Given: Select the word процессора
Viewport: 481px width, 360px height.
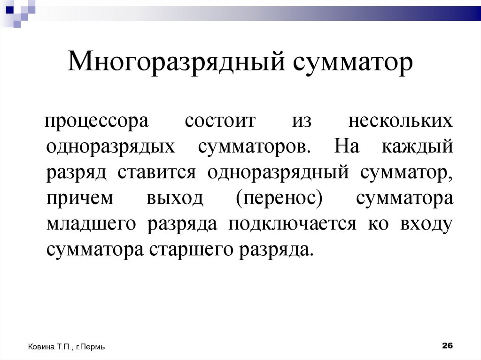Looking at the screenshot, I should (x=96, y=122).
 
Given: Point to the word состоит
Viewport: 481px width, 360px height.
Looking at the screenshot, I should (x=220, y=121).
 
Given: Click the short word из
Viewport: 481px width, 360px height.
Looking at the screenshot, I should (x=302, y=121).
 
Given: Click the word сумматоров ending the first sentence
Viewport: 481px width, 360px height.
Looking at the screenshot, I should (x=254, y=146).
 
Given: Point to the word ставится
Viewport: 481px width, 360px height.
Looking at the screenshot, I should (x=159, y=173).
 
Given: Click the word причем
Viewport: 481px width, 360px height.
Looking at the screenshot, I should (x=80, y=199).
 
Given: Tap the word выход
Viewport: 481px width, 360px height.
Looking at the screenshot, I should (x=175, y=199).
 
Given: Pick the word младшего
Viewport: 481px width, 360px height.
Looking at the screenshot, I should (x=92, y=224).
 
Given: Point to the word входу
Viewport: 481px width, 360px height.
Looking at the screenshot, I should (x=427, y=224).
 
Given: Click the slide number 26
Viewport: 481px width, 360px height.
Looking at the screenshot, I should (x=447, y=345).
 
